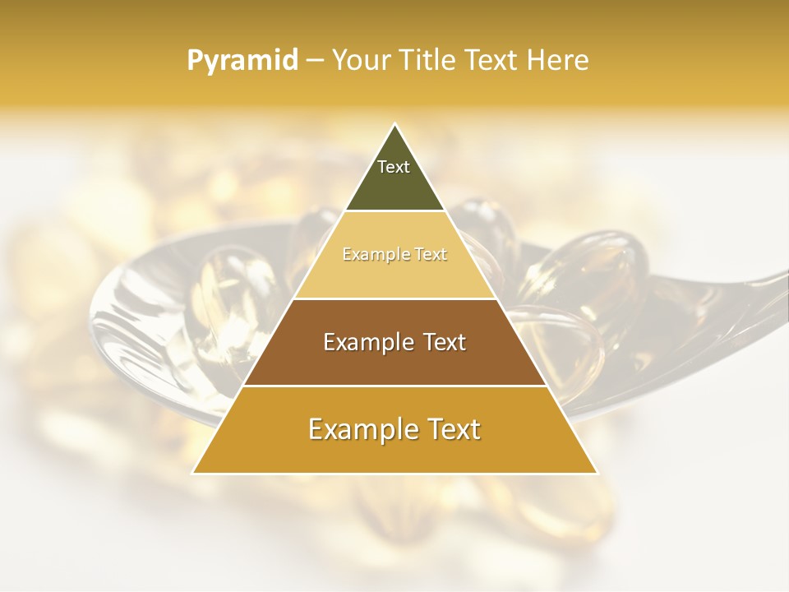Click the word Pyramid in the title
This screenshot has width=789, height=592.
pos(242,61)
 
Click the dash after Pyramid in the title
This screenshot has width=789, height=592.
pos(315,61)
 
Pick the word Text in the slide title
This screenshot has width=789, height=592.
pos(492,60)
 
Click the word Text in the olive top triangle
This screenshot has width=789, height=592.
pos(394,167)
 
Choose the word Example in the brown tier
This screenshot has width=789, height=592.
pos(367,342)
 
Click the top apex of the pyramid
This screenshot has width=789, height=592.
pos(394,125)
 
